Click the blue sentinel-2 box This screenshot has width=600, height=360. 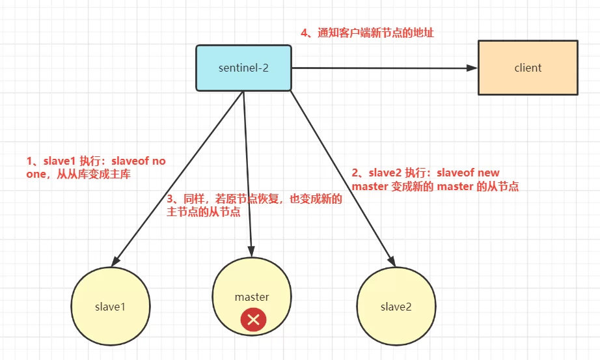pyautogui.click(x=244, y=68)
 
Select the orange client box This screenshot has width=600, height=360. pyautogui.click(x=528, y=68)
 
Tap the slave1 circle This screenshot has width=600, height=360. pyautogui.click(x=111, y=306)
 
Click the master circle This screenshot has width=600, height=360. pyautogui.click(x=252, y=296)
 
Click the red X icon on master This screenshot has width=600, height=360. pyautogui.click(x=253, y=320)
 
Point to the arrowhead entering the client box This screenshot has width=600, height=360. pyautogui.click(x=472, y=68)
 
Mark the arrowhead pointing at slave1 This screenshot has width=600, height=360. pyautogui.click(x=118, y=260)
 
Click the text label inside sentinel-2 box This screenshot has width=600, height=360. pyautogui.click(x=244, y=68)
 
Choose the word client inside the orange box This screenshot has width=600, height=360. pyautogui.click(x=528, y=68)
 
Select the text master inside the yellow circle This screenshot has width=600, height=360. pyautogui.click(x=252, y=297)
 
